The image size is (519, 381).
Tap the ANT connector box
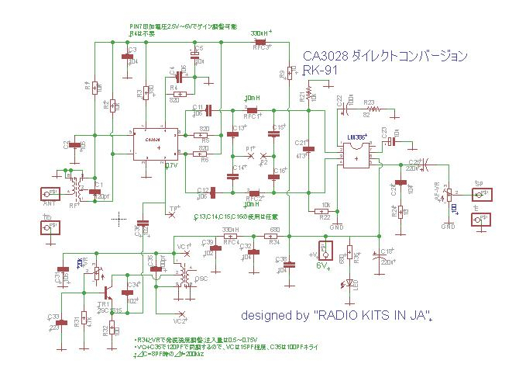pos(50,192)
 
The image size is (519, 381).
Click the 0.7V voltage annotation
pos(171,166)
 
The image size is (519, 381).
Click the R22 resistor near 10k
pos(325,210)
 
